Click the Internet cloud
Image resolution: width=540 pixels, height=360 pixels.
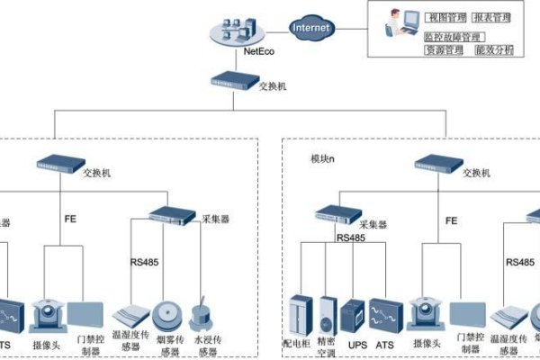pyautogui.click(x=310, y=28)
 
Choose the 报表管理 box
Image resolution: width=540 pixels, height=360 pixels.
pyautogui.click(x=491, y=17)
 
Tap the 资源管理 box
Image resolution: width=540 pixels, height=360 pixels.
pyautogui.click(x=445, y=50)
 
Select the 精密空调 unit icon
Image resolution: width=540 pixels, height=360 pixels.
pyautogui.click(x=327, y=315)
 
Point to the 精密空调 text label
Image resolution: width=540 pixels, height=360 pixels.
pyautogui.click(x=326, y=347)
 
